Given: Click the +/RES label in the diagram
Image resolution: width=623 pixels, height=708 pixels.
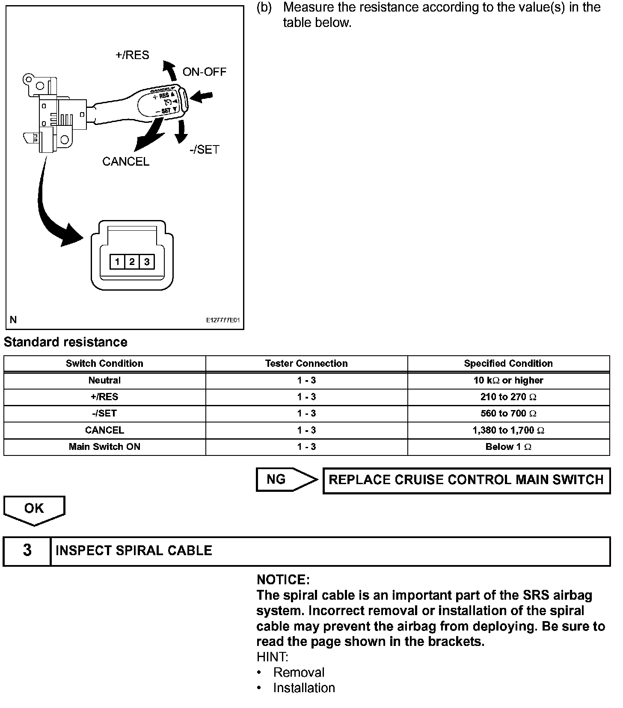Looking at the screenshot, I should coord(132,55).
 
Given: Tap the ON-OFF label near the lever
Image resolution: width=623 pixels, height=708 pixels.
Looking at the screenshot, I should coord(204,72).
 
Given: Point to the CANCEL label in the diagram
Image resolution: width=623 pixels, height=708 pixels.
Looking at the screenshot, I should coord(126,161).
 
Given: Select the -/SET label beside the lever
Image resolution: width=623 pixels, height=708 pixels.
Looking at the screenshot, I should coord(204,149).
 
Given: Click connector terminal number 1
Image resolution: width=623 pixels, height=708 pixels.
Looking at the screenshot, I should coord(117,262).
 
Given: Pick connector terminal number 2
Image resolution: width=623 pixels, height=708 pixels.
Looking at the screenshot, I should coord(132,262).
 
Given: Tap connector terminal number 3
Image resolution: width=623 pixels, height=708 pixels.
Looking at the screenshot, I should coord(147,262).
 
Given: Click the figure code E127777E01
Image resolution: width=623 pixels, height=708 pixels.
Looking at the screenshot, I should coord(223,320).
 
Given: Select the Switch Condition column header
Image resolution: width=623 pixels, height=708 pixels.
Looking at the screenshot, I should coord(104,363).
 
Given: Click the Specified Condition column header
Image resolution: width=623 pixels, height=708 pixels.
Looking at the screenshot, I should coord(508,363).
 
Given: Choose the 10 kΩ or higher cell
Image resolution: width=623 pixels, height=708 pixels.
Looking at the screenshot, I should coord(508,380).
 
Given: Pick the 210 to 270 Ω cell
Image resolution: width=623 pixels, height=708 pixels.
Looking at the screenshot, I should coord(508,397).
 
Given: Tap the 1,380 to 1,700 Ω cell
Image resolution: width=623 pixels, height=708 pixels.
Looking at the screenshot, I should coord(508,430).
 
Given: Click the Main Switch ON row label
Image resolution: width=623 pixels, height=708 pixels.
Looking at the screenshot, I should coord(104,446).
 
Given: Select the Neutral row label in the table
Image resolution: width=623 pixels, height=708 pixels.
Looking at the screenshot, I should coord(104,380).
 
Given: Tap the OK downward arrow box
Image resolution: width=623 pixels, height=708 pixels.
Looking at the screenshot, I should coord(34,509).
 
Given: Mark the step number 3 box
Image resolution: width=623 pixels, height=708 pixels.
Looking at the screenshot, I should coord(27,550).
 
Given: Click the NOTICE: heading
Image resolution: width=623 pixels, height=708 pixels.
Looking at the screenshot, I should coord(283,580).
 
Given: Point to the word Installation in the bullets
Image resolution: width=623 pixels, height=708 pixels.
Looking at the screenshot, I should coord(304,688).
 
